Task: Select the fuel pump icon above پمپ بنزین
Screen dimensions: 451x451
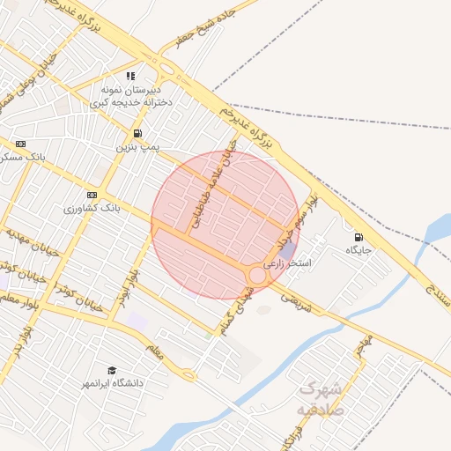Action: pyautogui.click(x=134, y=133)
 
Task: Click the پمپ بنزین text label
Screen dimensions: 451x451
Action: pyautogui.click(x=137, y=148)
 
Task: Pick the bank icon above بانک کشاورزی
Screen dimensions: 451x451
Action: pyautogui.click(x=92, y=195)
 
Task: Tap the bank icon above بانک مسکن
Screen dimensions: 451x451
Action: pyautogui.click(x=21, y=143)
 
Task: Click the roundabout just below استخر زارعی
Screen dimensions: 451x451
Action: pyautogui.click(x=257, y=276)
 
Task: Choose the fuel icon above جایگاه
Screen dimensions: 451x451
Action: pyautogui.click(x=358, y=236)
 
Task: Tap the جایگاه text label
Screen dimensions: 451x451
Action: pyautogui.click(x=359, y=250)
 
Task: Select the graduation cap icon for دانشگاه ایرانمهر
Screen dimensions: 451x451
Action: pyautogui.click(x=112, y=370)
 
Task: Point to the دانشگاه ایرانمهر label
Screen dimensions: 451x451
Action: pyautogui.click(x=112, y=384)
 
